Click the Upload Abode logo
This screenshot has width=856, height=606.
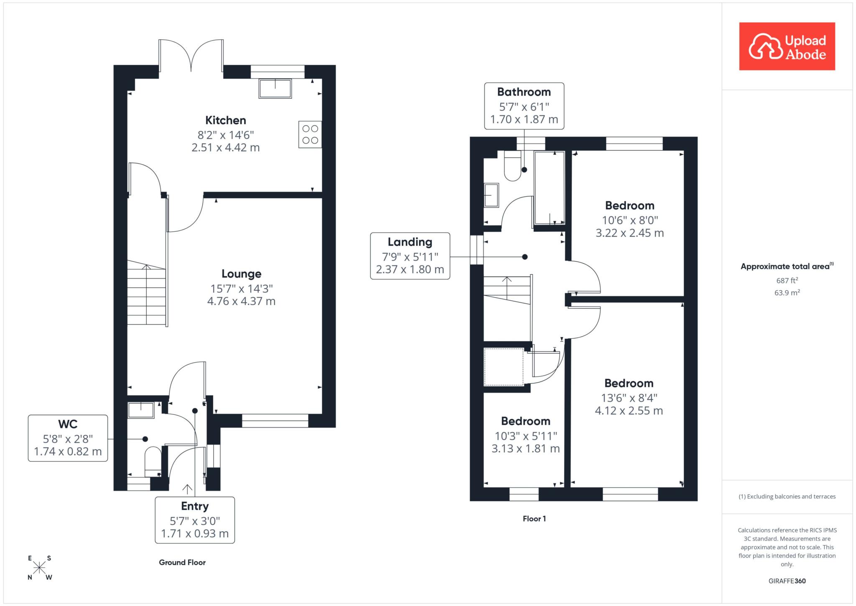click(x=787, y=46)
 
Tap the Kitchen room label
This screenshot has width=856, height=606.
click(x=226, y=120)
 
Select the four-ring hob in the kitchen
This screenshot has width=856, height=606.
click(x=310, y=134)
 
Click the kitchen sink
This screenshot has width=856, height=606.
click(x=275, y=88)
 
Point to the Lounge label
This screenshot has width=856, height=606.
click(x=242, y=274)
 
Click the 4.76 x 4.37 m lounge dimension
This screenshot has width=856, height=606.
click(x=242, y=301)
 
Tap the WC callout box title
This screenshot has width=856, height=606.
click(x=68, y=424)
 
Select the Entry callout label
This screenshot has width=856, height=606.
click(x=195, y=506)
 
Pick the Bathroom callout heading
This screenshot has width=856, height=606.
click(x=524, y=92)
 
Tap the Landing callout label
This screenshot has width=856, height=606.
click(x=410, y=242)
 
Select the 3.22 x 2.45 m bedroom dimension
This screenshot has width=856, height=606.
click(x=630, y=233)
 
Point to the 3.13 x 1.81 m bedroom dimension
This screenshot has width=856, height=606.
click(x=526, y=449)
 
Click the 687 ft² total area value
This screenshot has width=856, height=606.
click(x=787, y=281)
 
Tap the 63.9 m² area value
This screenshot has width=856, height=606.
click(x=787, y=293)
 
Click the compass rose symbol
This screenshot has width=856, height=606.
click(x=40, y=568)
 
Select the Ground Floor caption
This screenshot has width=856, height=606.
click(x=182, y=563)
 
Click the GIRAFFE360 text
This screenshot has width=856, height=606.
click(x=787, y=581)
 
